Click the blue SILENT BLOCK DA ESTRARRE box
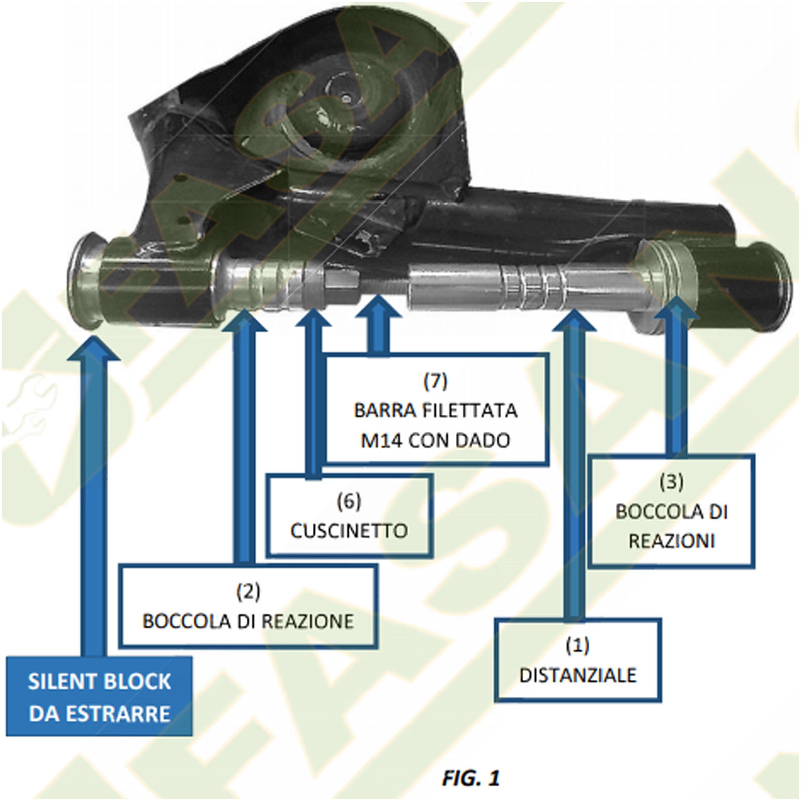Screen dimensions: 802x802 coord(99,696)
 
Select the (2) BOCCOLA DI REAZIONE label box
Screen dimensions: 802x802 coord(248,606)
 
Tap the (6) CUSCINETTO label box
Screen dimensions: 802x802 coord(349,516)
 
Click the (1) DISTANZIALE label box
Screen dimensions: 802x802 coord(577,660)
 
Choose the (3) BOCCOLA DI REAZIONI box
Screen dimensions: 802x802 coord(671,511)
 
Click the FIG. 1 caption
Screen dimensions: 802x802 coord(471,778)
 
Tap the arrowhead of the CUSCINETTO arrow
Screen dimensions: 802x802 coord(313,317)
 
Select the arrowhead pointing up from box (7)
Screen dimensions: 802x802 coord(378,306)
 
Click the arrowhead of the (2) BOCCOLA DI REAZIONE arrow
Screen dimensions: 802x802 coord(244,320)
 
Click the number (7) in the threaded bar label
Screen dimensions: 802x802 coord(435,381)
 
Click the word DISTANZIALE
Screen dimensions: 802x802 coord(577,675)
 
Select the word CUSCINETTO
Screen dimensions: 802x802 coord(349,531)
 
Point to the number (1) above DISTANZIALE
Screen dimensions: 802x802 coord(577,645)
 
